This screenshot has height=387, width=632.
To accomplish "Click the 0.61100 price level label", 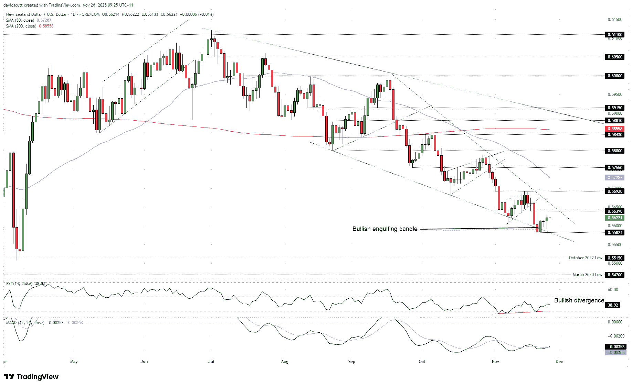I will click(x=615, y=35).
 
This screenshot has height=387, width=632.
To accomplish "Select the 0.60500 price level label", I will click(x=615, y=57).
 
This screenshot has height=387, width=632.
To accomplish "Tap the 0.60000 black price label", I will click(x=615, y=76).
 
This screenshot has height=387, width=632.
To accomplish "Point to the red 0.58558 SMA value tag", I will click(x=615, y=129).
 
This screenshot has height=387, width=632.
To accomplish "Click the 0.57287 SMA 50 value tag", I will click(x=615, y=178).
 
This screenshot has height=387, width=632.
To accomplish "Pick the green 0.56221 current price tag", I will click(x=615, y=218).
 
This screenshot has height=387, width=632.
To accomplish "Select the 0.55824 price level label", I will click(x=615, y=233).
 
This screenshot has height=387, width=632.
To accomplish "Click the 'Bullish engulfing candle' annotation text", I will click(x=385, y=229).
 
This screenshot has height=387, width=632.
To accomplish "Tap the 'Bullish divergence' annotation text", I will click(x=579, y=300).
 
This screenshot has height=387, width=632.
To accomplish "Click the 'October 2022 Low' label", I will click(x=586, y=258).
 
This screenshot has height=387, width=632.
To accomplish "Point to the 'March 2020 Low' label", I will click(x=587, y=275).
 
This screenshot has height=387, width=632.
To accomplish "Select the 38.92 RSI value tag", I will click(x=613, y=305).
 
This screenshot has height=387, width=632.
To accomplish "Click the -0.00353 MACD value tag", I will click(x=615, y=347).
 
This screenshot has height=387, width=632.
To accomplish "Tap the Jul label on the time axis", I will click(x=211, y=362).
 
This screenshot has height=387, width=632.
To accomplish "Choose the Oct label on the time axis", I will click(x=422, y=362).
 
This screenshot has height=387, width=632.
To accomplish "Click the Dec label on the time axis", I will click(x=559, y=362).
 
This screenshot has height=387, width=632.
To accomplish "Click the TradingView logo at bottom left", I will click(x=32, y=377).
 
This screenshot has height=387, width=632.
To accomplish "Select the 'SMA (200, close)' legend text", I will click(x=21, y=26).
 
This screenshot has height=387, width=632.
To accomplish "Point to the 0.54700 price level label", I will click(x=615, y=275).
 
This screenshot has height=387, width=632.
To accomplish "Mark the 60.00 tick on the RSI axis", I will click(x=613, y=290).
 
